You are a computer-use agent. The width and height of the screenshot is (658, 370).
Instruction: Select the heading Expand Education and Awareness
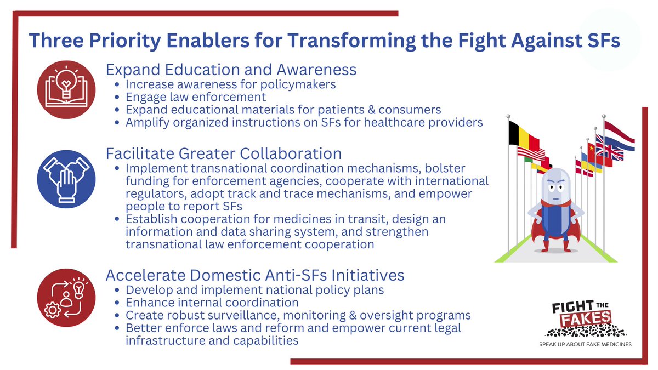pos(231,70)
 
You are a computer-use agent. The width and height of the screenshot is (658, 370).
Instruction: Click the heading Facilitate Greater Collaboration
pos(223,152)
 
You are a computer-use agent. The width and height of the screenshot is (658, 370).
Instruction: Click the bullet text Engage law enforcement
pos(196,97)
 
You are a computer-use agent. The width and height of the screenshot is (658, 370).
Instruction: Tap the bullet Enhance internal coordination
pos(212,302)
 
